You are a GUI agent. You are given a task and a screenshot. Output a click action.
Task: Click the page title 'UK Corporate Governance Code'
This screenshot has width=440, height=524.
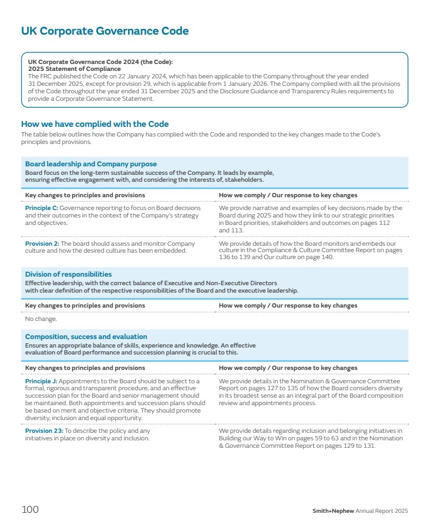pos(105,31)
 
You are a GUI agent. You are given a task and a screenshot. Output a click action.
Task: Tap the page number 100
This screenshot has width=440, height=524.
pos(30,510)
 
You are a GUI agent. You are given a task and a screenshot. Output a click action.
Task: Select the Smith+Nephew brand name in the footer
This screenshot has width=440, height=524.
pos(333,511)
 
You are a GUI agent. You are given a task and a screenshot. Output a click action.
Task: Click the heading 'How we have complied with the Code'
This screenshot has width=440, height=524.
pos(95,124)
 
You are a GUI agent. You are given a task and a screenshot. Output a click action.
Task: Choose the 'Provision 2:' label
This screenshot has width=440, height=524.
pos(43,244)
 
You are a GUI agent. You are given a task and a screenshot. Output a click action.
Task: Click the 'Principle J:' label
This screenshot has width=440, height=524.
pos(41,381)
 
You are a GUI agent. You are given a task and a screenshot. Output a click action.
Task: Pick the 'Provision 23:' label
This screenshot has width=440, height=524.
pos(44,431)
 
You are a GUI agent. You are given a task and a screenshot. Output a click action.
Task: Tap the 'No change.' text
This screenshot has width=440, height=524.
pos(41,319)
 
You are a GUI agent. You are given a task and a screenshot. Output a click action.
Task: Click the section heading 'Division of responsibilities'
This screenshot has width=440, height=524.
pos(69,275)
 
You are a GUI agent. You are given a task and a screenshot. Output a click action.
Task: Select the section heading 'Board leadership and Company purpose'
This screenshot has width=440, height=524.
pos(91,164)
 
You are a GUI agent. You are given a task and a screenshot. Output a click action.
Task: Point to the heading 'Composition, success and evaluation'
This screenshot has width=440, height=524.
pos(86,337)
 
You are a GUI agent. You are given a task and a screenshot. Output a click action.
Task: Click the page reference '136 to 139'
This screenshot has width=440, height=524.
pos(235,257)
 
